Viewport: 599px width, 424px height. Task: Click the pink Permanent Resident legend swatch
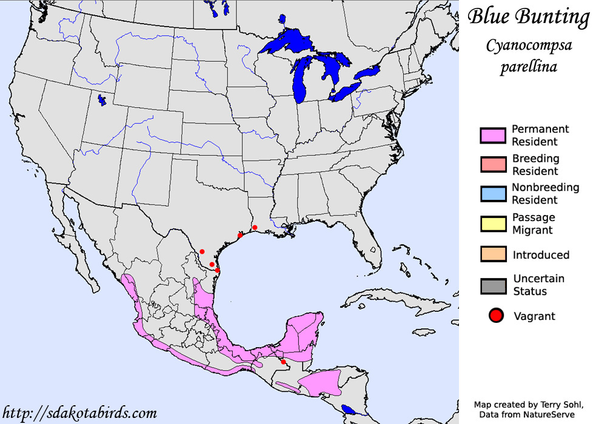493,136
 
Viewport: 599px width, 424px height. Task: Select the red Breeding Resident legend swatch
493,165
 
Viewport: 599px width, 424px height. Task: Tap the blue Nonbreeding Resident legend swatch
493,194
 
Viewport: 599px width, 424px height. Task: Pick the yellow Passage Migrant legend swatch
493,224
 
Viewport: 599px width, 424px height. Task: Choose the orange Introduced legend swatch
493,254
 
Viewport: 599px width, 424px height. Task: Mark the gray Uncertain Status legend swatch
493,285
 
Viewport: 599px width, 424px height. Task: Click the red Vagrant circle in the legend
497,315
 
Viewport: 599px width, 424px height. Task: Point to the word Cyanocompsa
529,46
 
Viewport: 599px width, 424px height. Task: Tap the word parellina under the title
528,66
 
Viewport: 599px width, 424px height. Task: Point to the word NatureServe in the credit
550,414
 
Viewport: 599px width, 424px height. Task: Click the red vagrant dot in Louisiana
255,227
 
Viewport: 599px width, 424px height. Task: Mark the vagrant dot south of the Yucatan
283,362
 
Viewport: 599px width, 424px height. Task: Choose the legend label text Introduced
541,255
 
